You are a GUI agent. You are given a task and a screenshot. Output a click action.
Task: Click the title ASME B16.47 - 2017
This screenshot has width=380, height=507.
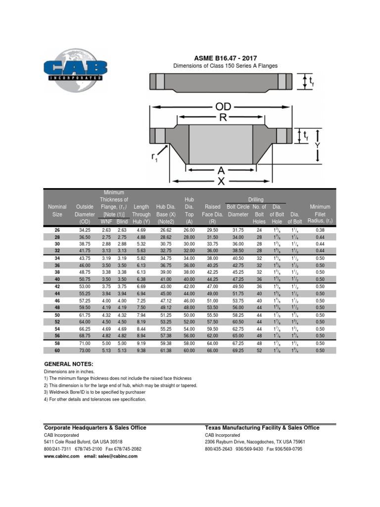tap(225, 58)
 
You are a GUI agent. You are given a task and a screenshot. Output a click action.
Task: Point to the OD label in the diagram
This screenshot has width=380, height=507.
tap(223, 107)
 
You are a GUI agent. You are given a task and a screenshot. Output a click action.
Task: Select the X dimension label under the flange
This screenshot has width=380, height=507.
tap(221, 181)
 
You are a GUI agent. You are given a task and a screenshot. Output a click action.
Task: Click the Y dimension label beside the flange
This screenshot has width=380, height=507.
tap(317, 145)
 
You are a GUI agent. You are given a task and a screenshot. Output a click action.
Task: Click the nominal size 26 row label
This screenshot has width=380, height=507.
tap(57, 230)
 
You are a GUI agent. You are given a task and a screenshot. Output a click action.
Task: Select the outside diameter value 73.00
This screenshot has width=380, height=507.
tap(85, 351)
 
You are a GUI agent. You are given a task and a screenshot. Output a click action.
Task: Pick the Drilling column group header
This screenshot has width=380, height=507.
tap(256, 200)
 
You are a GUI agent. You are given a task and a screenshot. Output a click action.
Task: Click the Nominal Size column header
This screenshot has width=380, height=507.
tap(57, 210)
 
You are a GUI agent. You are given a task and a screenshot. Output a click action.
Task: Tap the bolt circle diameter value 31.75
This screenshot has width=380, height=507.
tap(238, 230)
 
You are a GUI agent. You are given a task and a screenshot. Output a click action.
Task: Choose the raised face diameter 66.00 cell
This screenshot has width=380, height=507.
tap(212, 351)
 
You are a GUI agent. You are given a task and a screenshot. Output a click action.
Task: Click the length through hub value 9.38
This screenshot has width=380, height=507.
tap(141, 351)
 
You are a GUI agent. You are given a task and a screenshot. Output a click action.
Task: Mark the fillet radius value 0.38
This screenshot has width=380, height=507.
tap(320, 230)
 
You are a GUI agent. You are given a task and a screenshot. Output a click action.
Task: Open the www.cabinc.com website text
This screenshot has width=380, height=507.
tap(62, 456)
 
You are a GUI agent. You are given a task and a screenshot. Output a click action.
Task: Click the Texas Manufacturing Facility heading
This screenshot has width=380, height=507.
tap(262, 428)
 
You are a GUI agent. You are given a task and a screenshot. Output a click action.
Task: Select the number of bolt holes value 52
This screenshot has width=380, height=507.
tap(259, 351)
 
